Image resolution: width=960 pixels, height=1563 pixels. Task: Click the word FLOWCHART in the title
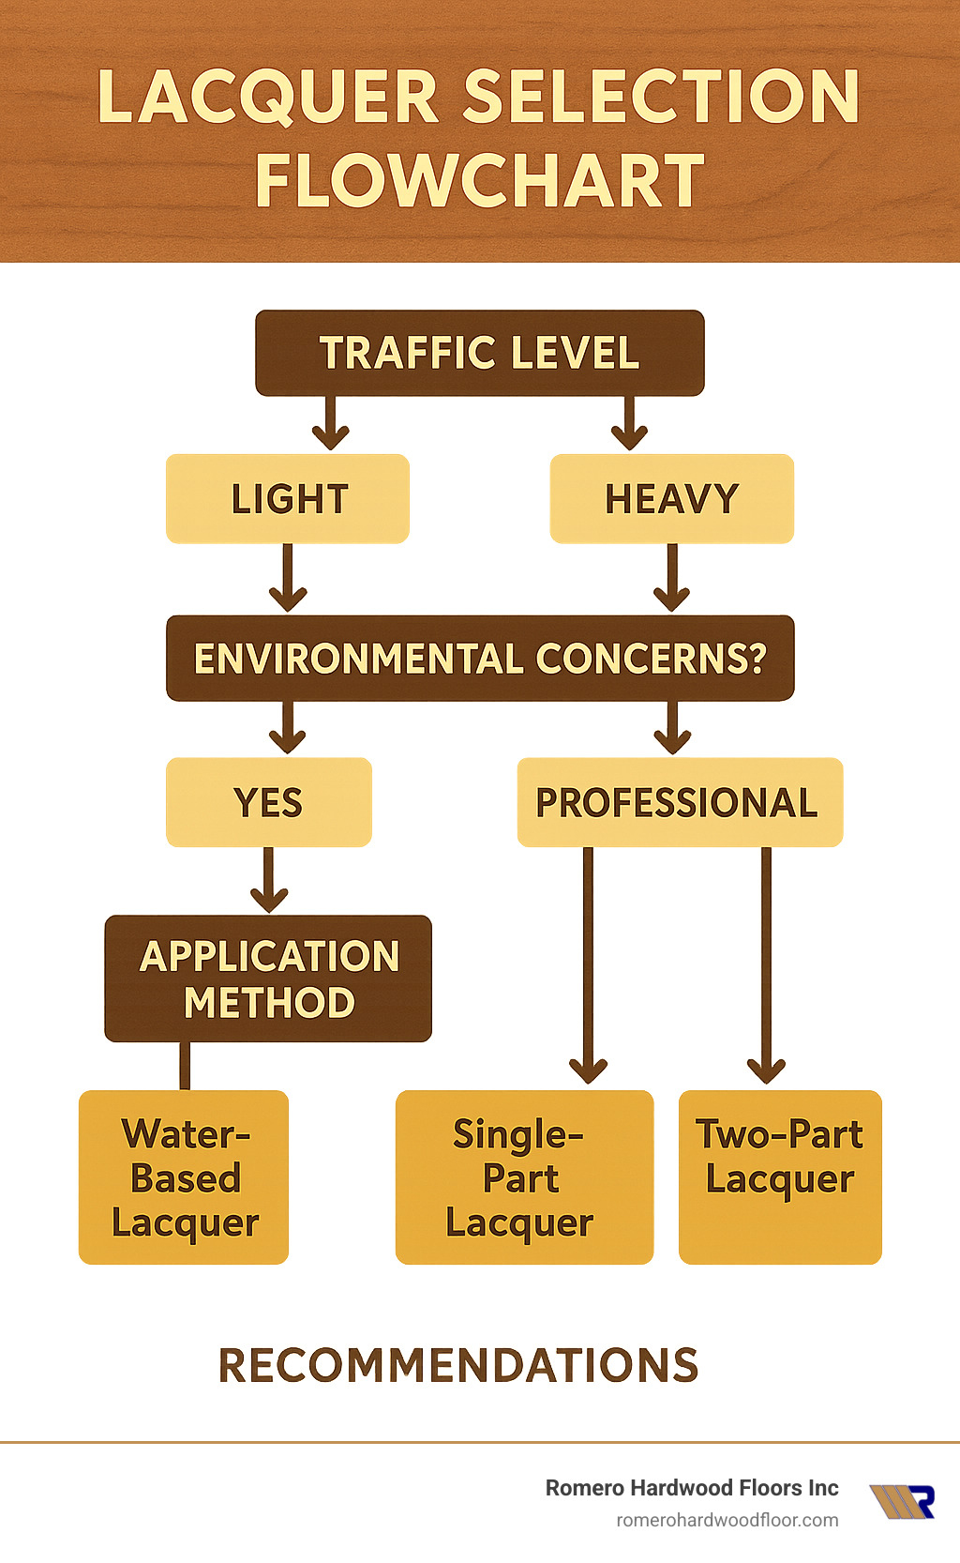pyautogui.click(x=479, y=181)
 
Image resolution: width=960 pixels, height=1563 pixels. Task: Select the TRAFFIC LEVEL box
pyautogui.click(x=479, y=353)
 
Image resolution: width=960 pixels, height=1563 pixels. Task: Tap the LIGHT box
pyautogui.click(x=288, y=499)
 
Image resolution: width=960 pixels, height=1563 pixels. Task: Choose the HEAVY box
pyautogui.click(x=671, y=499)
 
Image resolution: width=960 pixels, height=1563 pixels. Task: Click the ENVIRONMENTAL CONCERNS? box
pyautogui.click(x=480, y=659)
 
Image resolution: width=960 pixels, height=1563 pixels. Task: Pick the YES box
pyautogui.click(x=268, y=802)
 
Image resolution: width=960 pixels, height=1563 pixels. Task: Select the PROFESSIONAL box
pyautogui.click(x=679, y=802)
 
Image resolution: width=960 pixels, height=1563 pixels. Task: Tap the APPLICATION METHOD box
pyautogui.click(x=268, y=979)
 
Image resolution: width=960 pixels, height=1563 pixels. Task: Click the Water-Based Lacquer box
pyautogui.click(x=184, y=1177)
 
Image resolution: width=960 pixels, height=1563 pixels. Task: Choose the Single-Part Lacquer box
pyautogui.click(x=523, y=1177)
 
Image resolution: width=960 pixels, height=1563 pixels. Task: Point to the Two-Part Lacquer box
pyautogui.click(x=780, y=1177)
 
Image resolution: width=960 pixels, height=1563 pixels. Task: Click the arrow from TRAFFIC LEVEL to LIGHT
pyautogui.click(x=330, y=423)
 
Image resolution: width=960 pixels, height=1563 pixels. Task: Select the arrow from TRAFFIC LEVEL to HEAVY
pyautogui.click(x=629, y=423)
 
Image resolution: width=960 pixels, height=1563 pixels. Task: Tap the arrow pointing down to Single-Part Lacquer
pyautogui.click(x=589, y=966)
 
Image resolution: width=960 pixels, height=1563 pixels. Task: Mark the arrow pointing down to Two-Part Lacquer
pyautogui.click(x=766, y=966)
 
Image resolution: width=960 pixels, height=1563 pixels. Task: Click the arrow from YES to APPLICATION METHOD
pyautogui.click(x=269, y=880)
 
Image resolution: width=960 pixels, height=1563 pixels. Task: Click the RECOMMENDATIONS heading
pyautogui.click(x=458, y=1366)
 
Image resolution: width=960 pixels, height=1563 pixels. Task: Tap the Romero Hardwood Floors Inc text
pyautogui.click(x=692, y=1488)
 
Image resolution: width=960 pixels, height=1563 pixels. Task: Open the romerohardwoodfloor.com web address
pyautogui.click(x=727, y=1520)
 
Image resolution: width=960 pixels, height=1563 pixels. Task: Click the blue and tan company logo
pyautogui.click(x=902, y=1501)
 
